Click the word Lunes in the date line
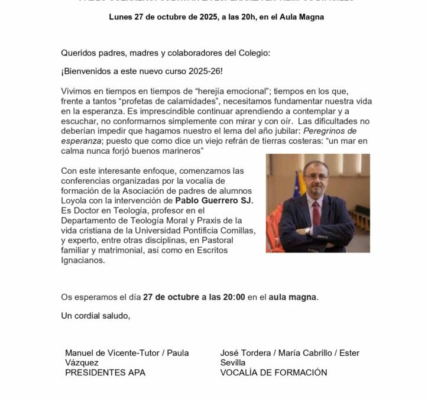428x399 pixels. coord(121,17)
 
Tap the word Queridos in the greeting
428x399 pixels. coord(79,53)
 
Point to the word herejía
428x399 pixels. coord(201,92)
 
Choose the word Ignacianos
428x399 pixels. coord(83,260)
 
